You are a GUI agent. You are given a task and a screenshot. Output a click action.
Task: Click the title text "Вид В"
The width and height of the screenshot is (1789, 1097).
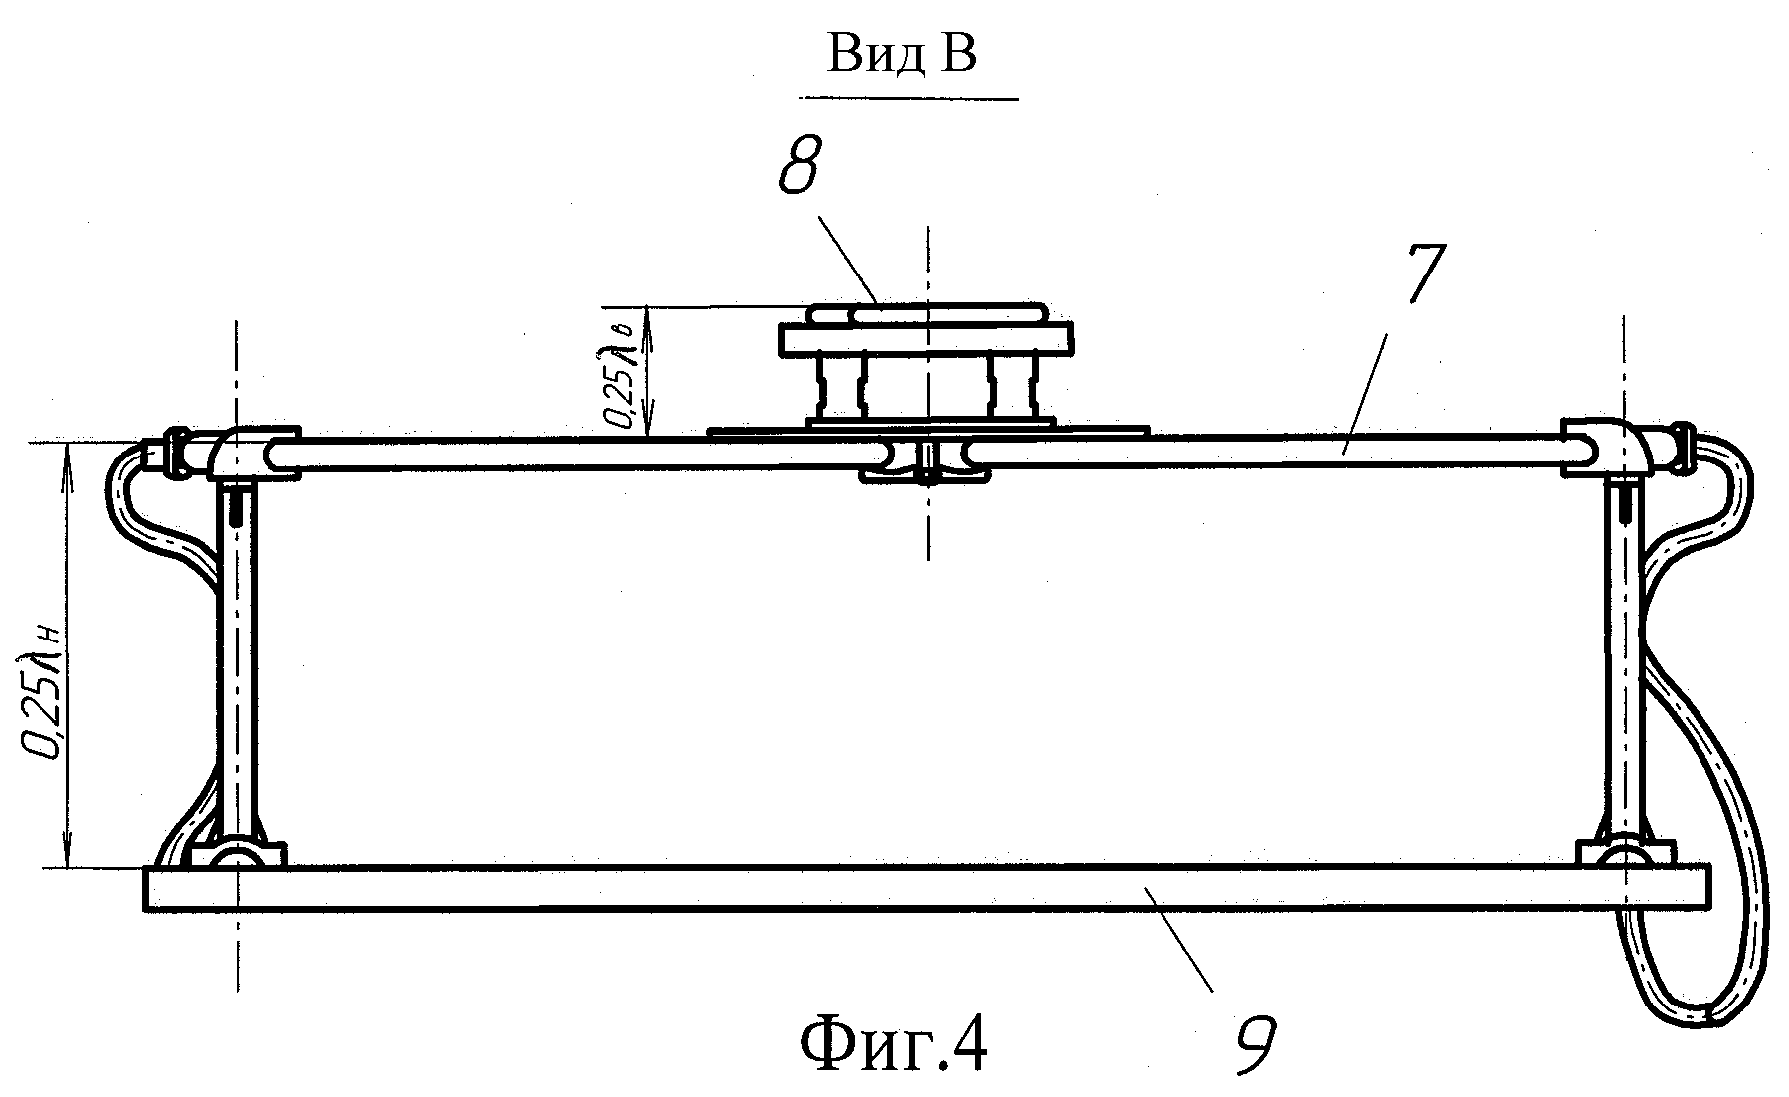[x=902, y=55]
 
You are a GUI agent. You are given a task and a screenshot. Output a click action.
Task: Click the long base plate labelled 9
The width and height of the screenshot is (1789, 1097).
[x=926, y=887]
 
